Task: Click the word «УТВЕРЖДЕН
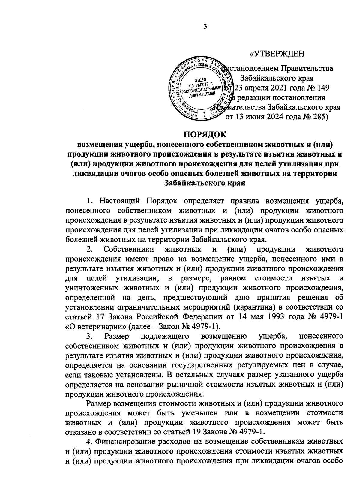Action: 277,54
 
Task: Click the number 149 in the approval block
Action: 322,88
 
